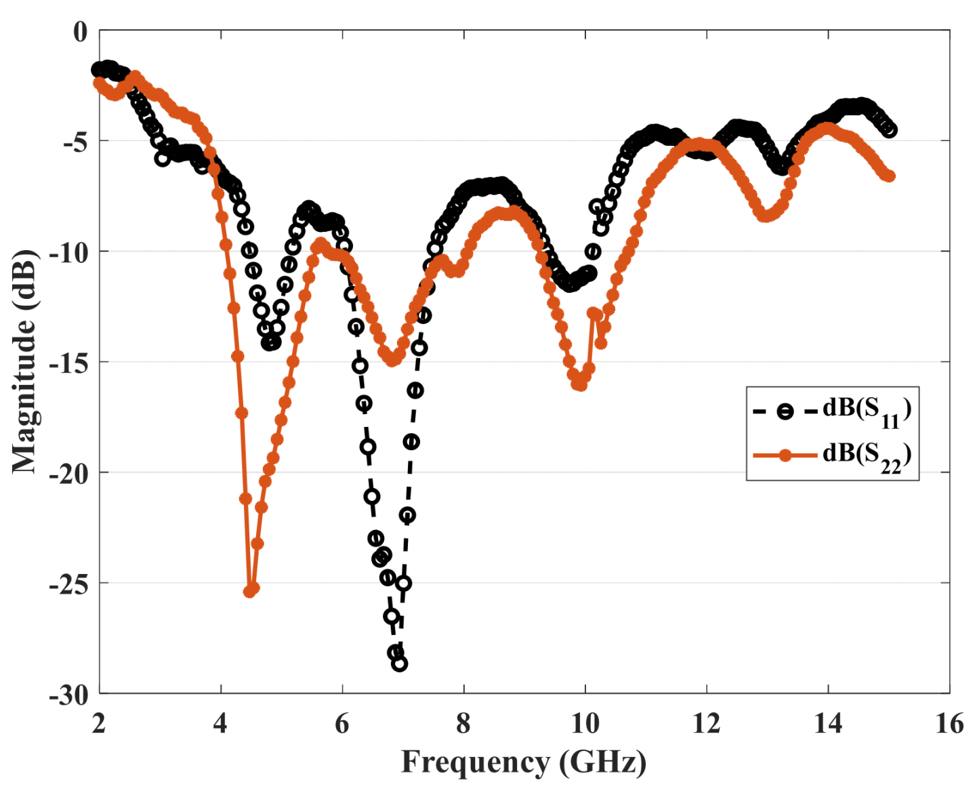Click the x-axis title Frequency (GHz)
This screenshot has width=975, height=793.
tap(523, 762)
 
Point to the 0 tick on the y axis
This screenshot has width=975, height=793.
tap(81, 31)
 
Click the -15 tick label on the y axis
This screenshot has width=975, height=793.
tap(68, 363)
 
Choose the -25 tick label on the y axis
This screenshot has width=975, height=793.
tap(68, 584)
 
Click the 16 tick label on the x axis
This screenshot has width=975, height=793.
tap(949, 724)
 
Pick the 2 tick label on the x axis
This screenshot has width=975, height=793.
tap(100, 724)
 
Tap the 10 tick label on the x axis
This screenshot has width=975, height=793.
tap(585, 724)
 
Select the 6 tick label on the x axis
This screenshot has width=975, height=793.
tap(342, 724)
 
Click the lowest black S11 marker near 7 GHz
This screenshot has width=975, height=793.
tap(400, 664)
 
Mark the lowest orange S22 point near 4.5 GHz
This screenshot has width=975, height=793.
tap(249, 591)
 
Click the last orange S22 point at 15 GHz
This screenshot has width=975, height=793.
tap(890, 176)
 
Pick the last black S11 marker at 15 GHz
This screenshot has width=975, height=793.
tap(890, 130)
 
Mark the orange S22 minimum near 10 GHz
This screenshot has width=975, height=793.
tap(579, 385)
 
